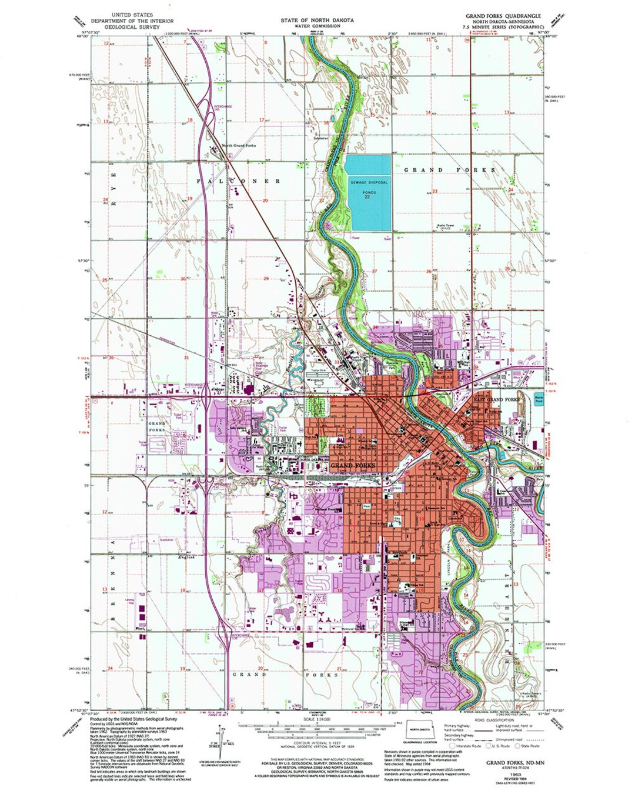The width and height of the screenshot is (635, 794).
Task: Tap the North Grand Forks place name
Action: (238, 145)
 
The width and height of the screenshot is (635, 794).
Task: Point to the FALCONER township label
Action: (238, 181)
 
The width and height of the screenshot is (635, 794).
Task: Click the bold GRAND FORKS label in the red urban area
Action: (353, 465)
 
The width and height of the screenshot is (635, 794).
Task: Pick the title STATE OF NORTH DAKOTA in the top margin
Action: (317, 20)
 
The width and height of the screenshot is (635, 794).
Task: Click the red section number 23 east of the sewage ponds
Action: (435, 192)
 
